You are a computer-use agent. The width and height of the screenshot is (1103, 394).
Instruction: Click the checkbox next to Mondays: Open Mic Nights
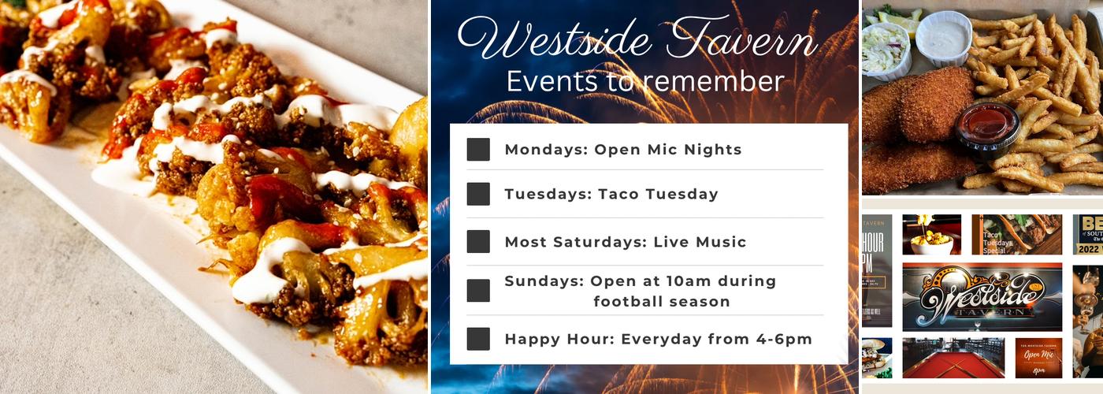pos(477,150)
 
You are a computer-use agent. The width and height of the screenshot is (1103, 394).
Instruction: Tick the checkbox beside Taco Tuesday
pos(477,194)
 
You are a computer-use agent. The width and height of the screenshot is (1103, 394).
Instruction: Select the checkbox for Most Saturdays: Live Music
pos(477,242)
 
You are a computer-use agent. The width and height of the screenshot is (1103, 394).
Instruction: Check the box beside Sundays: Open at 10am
pos(477,291)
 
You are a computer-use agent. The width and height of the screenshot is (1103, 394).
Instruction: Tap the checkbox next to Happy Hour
pos(477,339)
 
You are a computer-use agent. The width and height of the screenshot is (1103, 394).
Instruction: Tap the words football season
pos(661,302)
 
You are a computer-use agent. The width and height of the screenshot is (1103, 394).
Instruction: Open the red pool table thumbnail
pos(953,359)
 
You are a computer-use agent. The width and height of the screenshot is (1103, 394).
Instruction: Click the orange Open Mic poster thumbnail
pos(1038,359)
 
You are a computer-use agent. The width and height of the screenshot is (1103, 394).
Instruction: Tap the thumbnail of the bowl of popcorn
pos(931,235)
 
